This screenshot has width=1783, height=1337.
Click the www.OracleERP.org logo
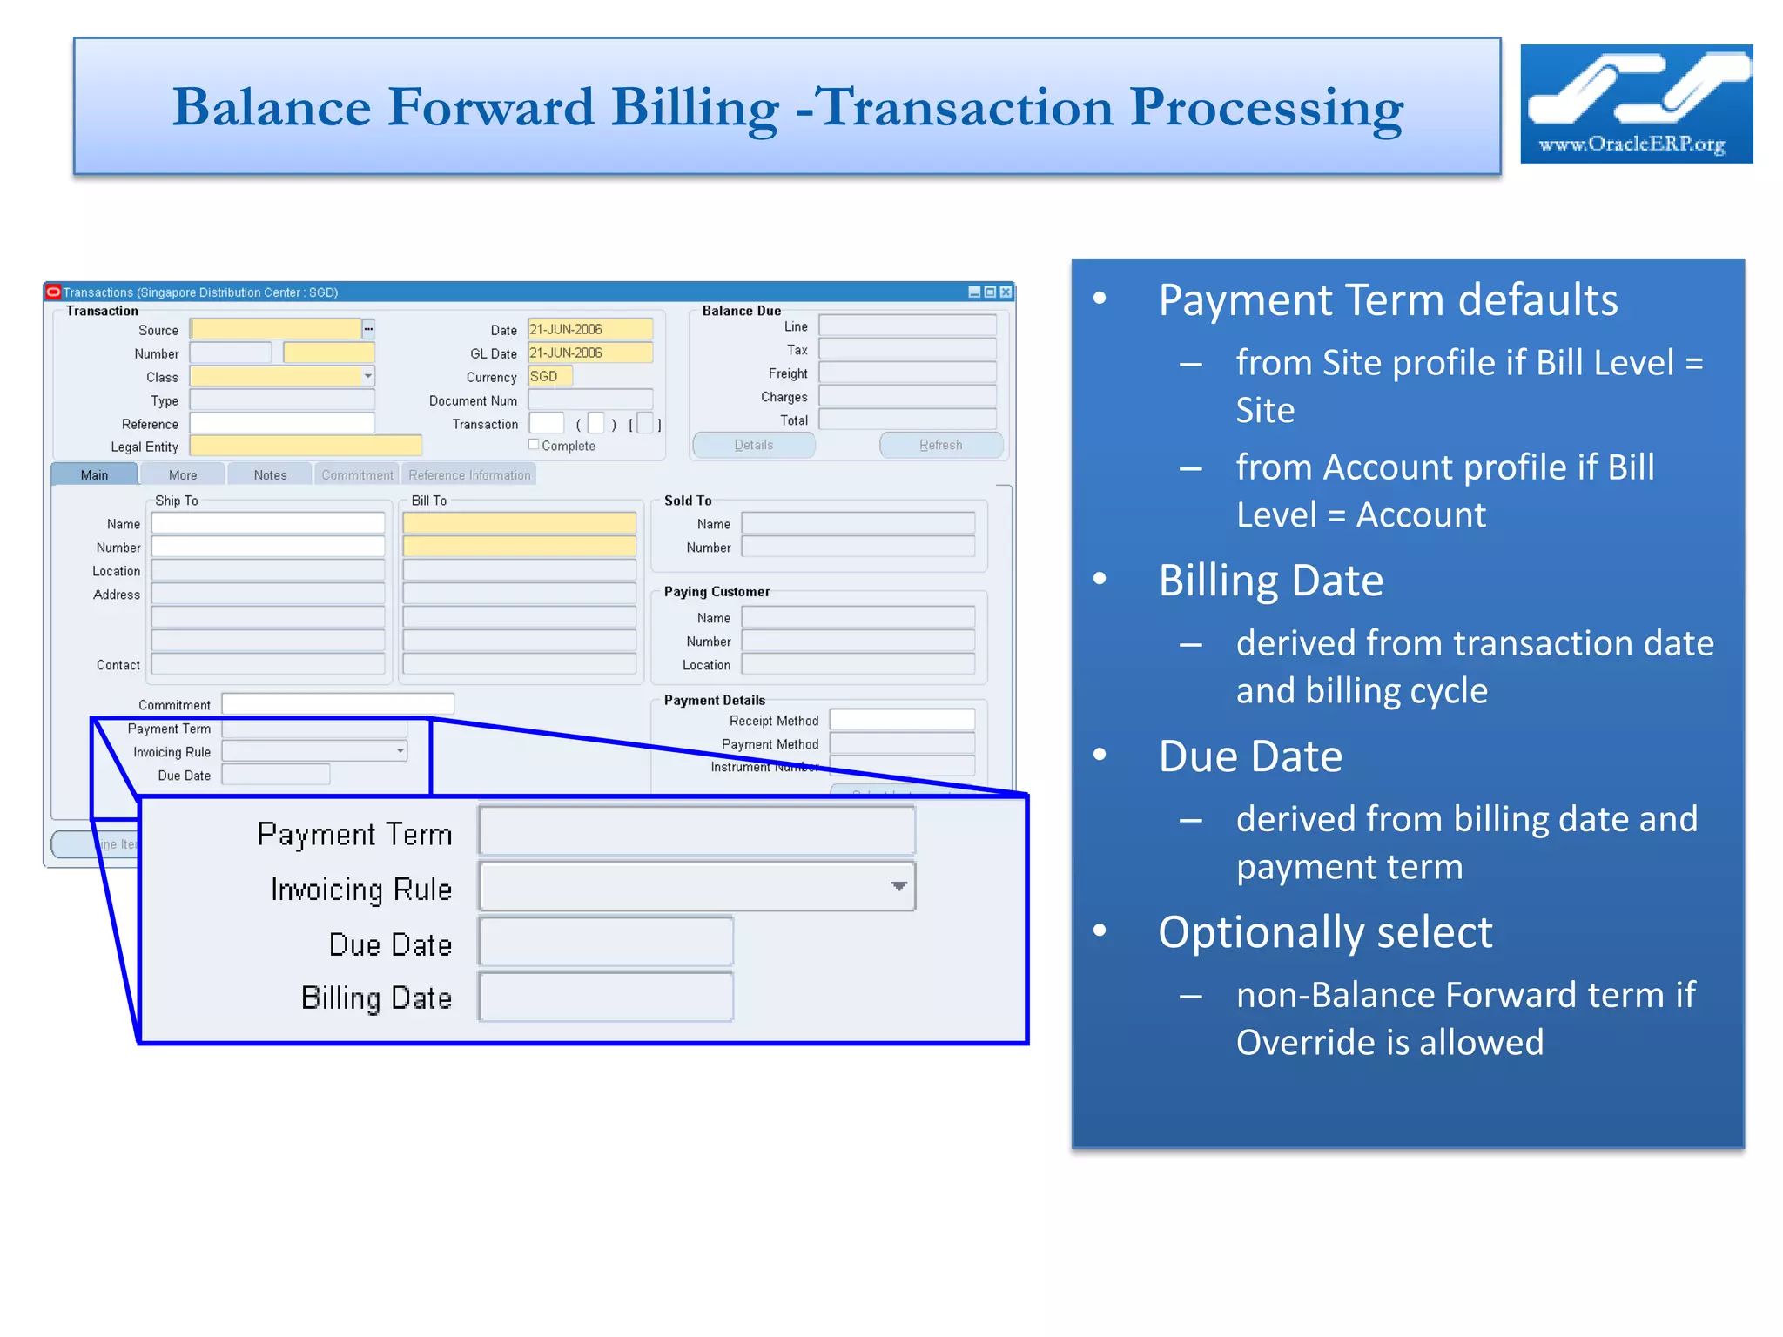tap(1635, 104)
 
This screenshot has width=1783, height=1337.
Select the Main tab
tap(94, 475)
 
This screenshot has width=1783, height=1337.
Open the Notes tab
tap(270, 475)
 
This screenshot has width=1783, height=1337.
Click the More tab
tap(183, 475)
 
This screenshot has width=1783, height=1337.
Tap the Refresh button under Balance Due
tap(940, 445)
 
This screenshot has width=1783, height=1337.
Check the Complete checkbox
tap(534, 445)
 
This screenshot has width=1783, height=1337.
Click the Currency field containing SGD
tap(549, 376)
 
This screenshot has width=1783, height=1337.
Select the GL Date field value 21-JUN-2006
tap(589, 353)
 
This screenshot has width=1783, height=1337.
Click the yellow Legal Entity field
tap(305, 447)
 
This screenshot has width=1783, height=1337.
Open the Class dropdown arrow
tap(368, 376)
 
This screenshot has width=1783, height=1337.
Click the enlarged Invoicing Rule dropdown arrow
tap(898, 886)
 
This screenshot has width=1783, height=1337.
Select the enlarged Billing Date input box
tap(606, 998)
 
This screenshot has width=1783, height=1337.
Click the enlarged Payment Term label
tap(354, 834)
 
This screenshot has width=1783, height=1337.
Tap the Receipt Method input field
tap(901, 720)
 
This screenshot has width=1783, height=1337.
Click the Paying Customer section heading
tap(717, 592)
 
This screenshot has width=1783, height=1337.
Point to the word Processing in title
tap(1266, 108)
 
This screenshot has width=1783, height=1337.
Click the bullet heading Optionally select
tap(1324, 932)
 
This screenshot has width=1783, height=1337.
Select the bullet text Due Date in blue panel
tap(1249, 756)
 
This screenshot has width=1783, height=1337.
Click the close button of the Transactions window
tap(1006, 292)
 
